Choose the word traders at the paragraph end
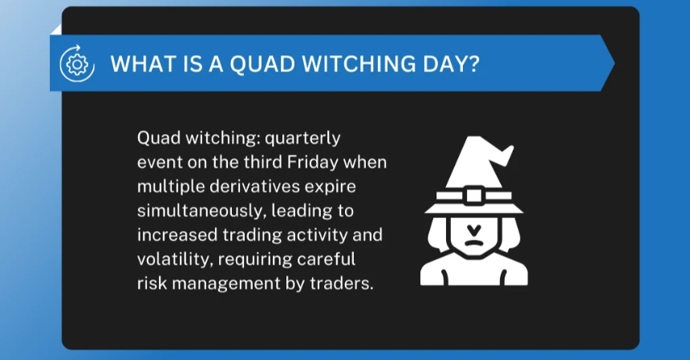click(x=343, y=285)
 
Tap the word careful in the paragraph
click(x=334, y=260)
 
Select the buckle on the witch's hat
click(x=473, y=195)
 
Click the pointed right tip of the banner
click(x=614, y=63)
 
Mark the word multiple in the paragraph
click(x=165, y=187)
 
